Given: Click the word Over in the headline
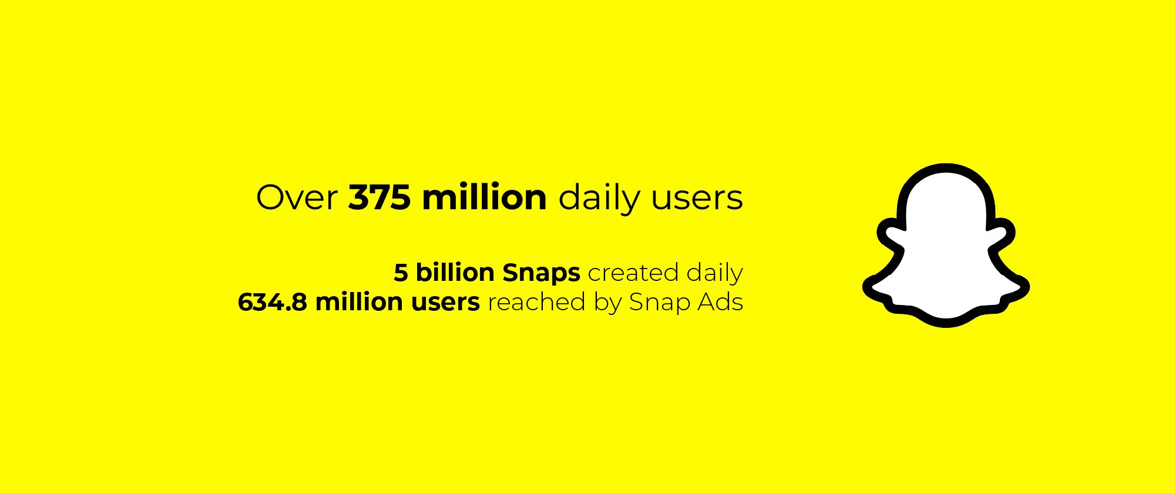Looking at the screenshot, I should coord(297,197).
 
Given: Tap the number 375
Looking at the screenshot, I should coord(380,197).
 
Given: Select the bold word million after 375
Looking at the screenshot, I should coord(484,197).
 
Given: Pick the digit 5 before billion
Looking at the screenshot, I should coord(401,273).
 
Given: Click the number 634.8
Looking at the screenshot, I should coord(272,302).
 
